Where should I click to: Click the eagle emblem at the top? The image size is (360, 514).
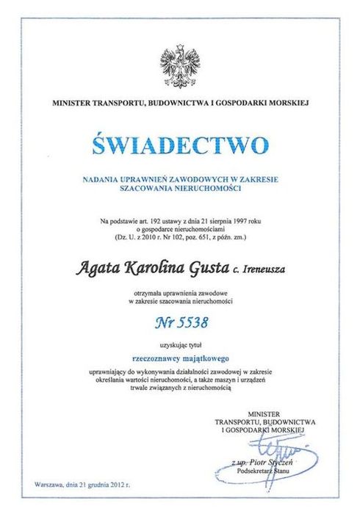[180, 66]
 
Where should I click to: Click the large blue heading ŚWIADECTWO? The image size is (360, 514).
[180, 144]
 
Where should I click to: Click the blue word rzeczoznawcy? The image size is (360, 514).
[155, 355]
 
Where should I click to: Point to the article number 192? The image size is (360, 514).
[146, 220]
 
